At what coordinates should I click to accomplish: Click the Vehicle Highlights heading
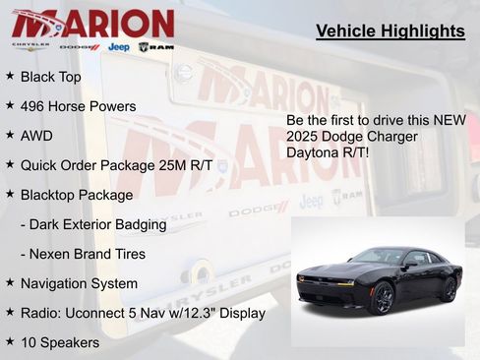(390, 31)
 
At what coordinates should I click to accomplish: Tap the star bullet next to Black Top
(10, 76)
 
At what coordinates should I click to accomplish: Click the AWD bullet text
(36, 136)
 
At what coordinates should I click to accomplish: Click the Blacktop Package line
(76, 195)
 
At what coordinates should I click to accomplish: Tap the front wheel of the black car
(381, 296)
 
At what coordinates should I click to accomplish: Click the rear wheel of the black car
(448, 288)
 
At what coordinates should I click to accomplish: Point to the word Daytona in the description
(313, 153)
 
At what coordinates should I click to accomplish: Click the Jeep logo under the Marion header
(118, 46)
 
